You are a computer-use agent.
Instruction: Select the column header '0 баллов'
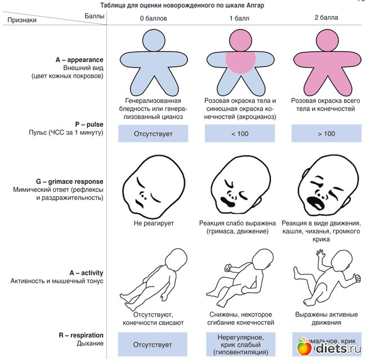coord(153,19)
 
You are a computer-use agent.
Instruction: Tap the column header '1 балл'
coord(239,19)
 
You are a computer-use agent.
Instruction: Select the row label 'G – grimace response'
coord(70,181)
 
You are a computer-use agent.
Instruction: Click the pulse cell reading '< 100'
coord(239,133)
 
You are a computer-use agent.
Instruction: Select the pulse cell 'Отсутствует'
coord(153,133)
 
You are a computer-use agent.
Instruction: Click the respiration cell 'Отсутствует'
coord(153,344)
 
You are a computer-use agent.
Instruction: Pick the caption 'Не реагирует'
coord(153,223)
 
